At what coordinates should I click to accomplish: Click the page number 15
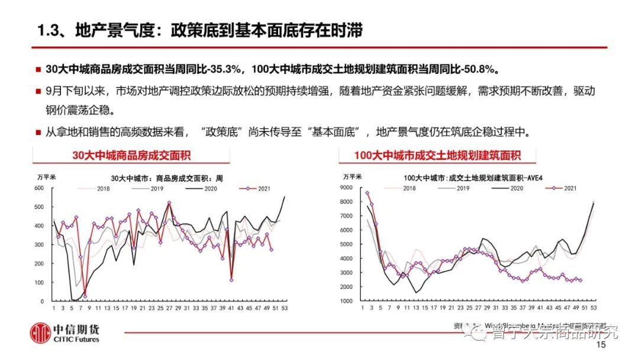[x=602, y=345]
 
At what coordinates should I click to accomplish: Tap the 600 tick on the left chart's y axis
[x=40, y=188]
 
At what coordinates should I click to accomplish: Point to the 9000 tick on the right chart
[x=345, y=188]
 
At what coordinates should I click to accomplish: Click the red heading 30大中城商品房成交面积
[x=131, y=156]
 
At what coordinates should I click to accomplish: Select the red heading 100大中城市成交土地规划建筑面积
[x=437, y=156]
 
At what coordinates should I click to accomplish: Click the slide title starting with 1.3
[x=199, y=30]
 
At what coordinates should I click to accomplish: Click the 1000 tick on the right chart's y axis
[x=345, y=301]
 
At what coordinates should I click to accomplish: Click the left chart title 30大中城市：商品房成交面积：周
[x=167, y=178]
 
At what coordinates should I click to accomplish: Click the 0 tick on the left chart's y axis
[x=43, y=301]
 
